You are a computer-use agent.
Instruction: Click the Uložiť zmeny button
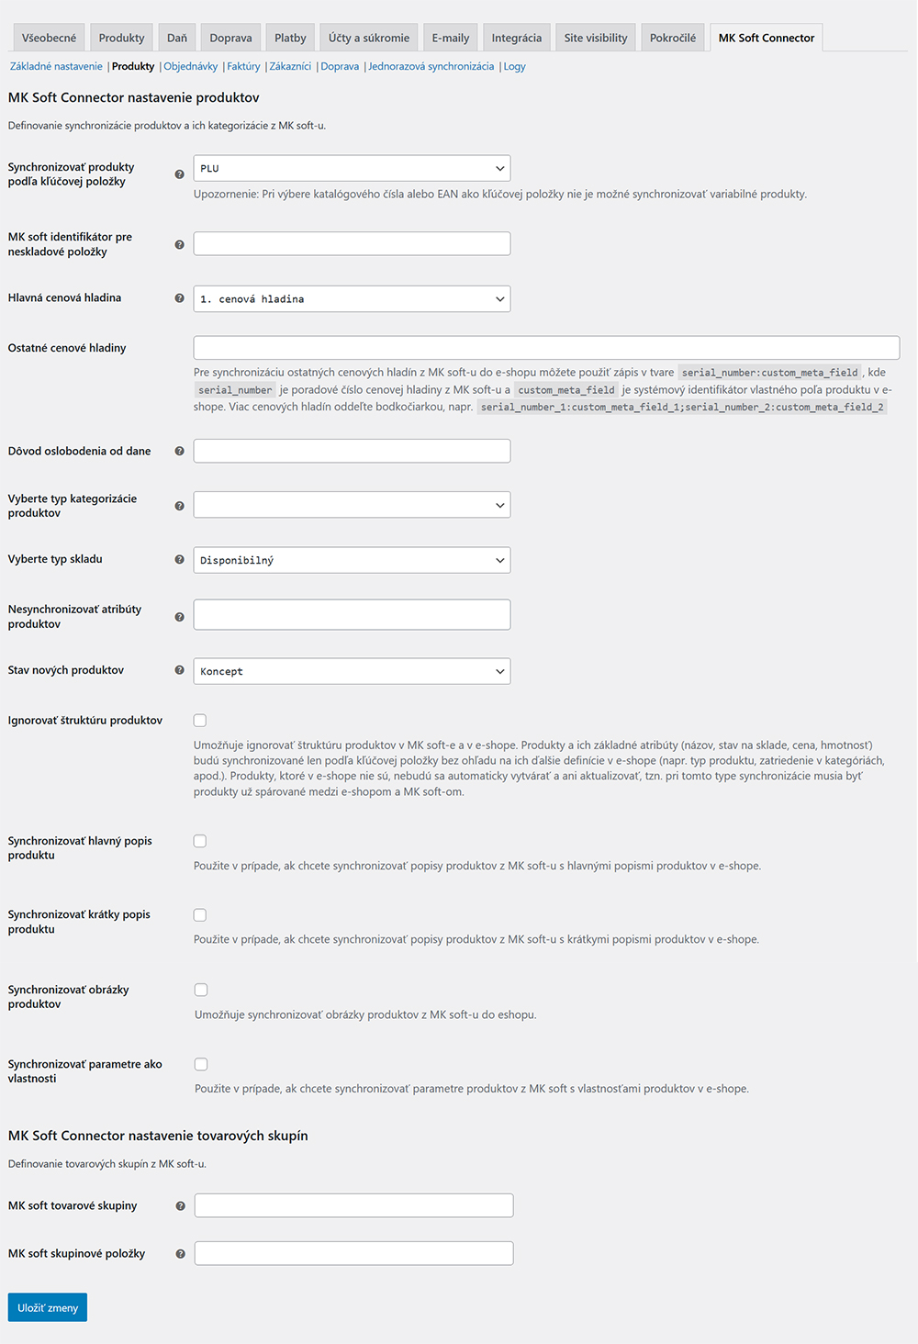coord(48,1307)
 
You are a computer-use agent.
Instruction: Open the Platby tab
coord(290,38)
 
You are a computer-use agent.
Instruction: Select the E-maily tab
coord(450,38)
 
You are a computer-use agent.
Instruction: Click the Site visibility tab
coord(595,38)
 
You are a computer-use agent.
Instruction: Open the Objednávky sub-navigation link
coord(191,66)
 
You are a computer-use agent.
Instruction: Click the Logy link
coord(514,66)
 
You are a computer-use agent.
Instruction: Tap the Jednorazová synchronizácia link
coord(431,66)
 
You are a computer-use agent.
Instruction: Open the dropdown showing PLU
coord(352,168)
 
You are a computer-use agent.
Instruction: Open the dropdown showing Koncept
coord(352,671)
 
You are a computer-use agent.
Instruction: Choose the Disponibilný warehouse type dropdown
coord(352,560)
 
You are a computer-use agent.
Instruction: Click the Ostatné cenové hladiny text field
coord(546,348)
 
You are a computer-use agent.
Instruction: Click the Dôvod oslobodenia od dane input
coord(352,451)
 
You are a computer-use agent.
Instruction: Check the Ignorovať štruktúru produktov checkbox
coord(200,721)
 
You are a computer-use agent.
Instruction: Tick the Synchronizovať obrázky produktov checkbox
coord(201,990)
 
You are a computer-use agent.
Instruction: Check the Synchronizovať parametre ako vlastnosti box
coord(201,1064)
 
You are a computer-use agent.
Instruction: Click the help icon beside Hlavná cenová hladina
coord(179,298)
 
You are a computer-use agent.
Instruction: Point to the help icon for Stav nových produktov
coord(179,670)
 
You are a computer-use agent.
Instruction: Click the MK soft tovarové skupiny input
coord(353,1205)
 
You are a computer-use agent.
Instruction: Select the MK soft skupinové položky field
coord(353,1253)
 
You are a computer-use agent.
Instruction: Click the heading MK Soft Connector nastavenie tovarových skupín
coord(158,1136)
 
